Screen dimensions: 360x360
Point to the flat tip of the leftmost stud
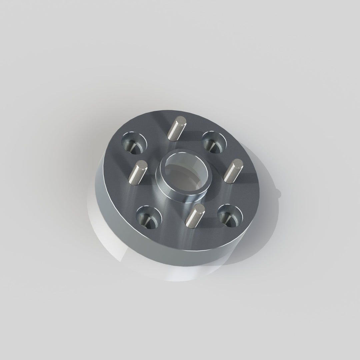[142, 164]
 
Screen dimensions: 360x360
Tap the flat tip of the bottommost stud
[199, 208]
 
